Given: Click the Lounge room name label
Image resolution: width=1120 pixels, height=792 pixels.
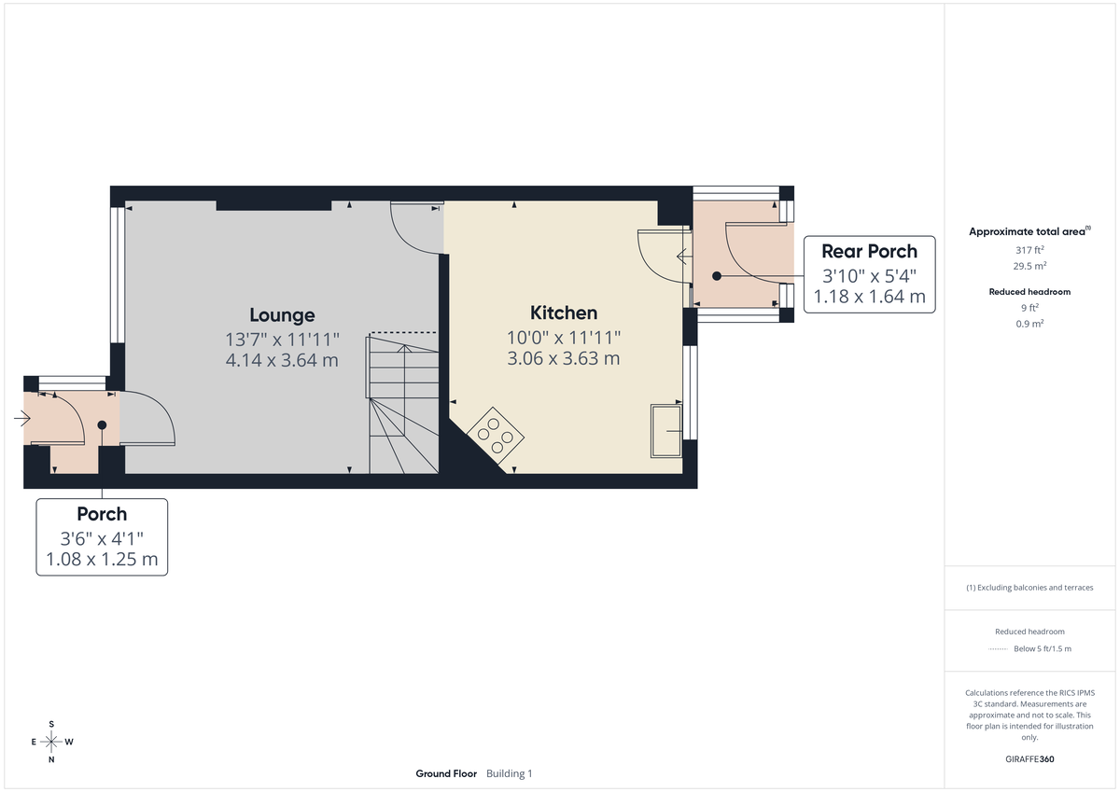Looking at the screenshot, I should pyautogui.click(x=282, y=315).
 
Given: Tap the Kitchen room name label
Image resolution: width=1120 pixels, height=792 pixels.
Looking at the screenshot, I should pyautogui.click(x=564, y=313).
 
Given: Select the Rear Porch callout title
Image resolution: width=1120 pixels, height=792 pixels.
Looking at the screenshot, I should pyautogui.click(x=869, y=251).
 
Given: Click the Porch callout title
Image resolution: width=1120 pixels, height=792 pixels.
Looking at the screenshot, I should pyautogui.click(x=102, y=514).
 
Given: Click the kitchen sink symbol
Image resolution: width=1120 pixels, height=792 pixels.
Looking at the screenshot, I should pyautogui.click(x=665, y=430).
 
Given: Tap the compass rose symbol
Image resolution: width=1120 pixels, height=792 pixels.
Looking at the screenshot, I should pyautogui.click(x=51, y=742).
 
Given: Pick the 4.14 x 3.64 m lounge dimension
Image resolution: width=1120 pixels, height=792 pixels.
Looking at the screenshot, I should pyautogui.click(x=282, y=360).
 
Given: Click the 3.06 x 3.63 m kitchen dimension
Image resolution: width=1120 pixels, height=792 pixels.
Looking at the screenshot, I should pyautogui.click(x=564, y=358).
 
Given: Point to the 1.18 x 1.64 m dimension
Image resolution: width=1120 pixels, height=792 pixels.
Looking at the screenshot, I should pyautogui.click(x=869, y=297).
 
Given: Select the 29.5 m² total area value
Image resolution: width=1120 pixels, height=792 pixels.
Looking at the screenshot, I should pyautogui.click(x=1029, y=265).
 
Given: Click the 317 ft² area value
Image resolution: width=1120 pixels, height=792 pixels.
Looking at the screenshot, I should pyautogui.click(x=1029, y=250).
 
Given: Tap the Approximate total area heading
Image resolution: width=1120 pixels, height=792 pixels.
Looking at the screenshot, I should pyautogui.click(x=1029, y=231).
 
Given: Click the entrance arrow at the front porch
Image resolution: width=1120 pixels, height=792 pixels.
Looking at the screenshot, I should pyautogui.click(x=22, y=420).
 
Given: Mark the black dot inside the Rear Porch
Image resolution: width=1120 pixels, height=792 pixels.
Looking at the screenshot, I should pyautogui.click(x=717, y=276).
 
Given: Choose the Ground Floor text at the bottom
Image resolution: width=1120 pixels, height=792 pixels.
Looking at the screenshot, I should pyautogui.click(x=446, y=773).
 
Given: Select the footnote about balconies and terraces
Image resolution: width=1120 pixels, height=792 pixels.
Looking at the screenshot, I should pyautogui.click(x=1029, y=588).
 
